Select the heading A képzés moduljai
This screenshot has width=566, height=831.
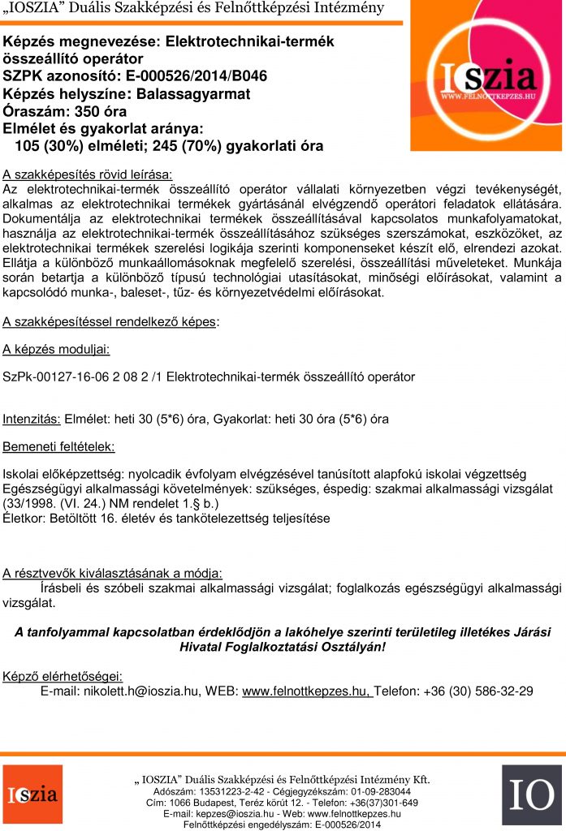pos(57,350)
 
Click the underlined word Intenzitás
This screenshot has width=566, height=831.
pos(32,420)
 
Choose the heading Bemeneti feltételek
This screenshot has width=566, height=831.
pos(59,447)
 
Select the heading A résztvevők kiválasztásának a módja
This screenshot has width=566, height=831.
pos(113,573)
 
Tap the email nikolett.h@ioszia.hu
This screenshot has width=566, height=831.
pos(141,691)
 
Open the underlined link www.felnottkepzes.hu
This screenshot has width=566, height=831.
pos(307,691)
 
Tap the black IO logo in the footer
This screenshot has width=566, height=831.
pos(531,794)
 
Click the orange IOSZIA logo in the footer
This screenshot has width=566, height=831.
pos(32,794)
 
